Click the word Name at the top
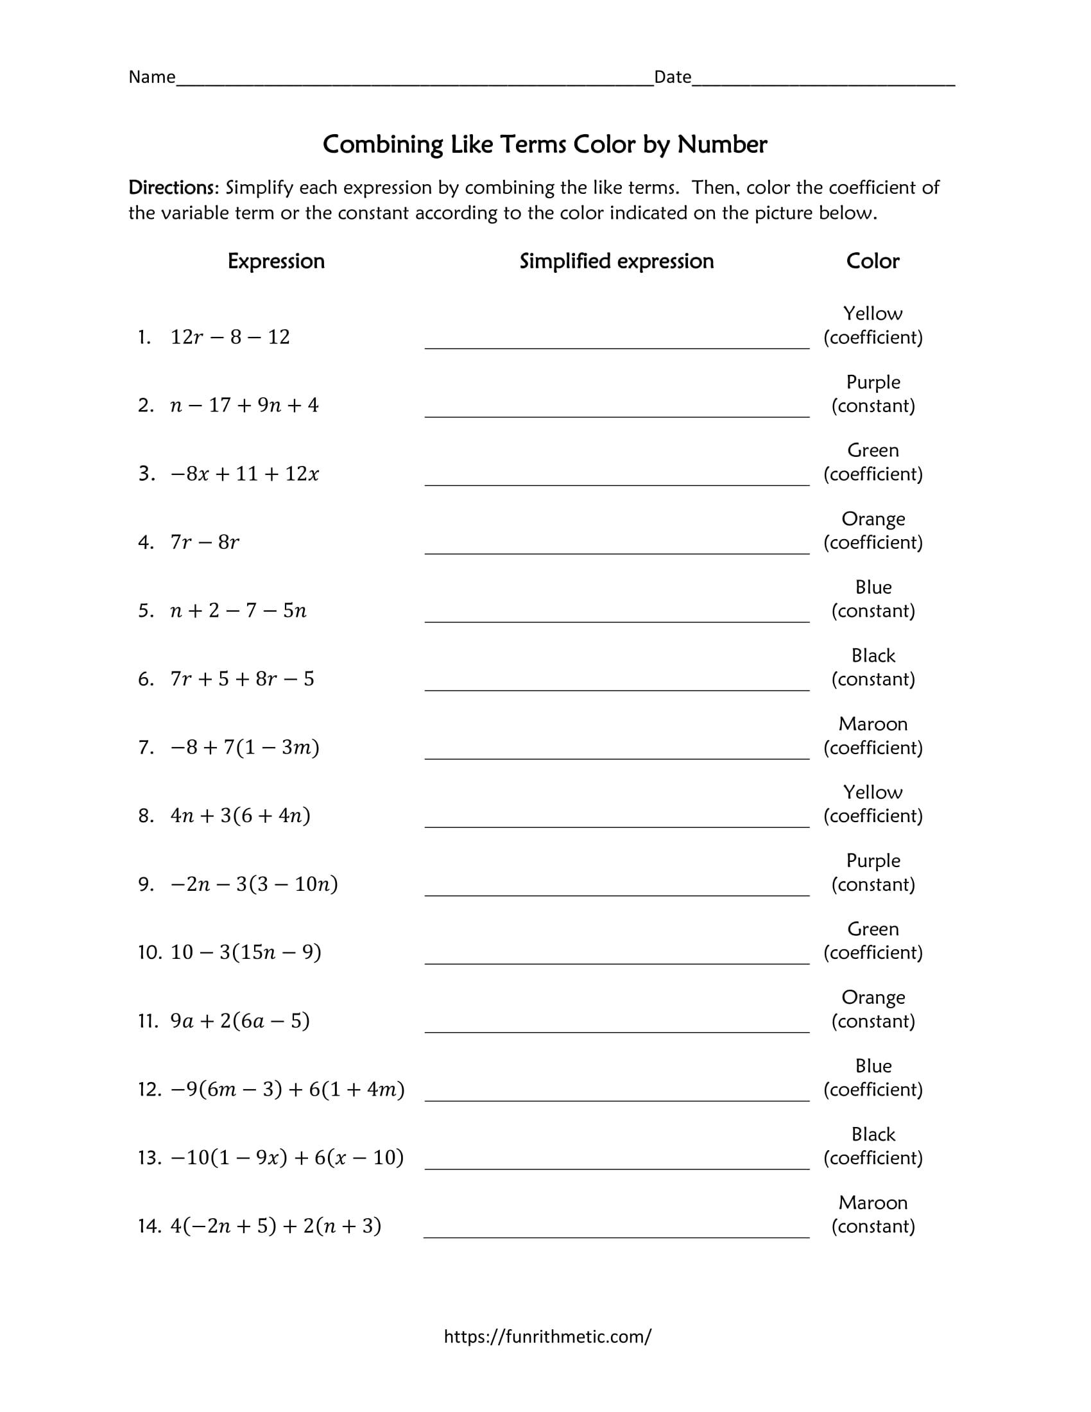point(152,77)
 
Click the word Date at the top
point(672,77)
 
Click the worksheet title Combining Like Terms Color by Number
point(545,144)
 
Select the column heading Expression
point(276,261)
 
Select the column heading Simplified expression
point(617,261)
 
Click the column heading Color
point(873,261)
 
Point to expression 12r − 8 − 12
point(230,337)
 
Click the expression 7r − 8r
point(205,542)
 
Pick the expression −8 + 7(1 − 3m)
point(245,747)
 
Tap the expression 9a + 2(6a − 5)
point(240,1021)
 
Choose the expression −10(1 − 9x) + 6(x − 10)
point(287,1157)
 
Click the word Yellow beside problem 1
point(873,314)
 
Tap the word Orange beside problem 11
point(873,997)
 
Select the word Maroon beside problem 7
point(873,724)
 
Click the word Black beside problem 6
point(873,655)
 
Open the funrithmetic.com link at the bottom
point(547,1336)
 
